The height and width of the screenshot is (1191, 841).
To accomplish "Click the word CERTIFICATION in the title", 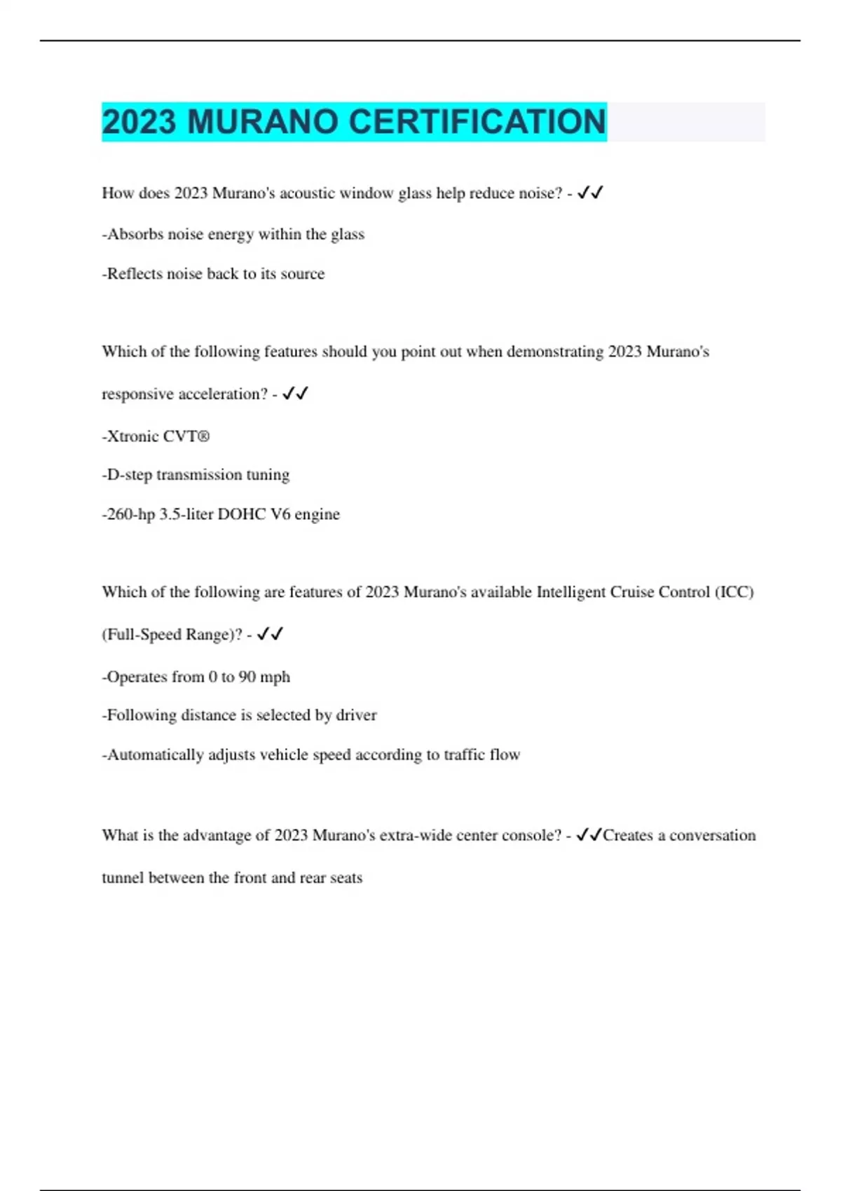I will [x=477, y=122].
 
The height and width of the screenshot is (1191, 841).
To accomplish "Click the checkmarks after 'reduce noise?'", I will [x=590, y=193].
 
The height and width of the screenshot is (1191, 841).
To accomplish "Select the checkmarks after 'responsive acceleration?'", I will [x=295, y=394].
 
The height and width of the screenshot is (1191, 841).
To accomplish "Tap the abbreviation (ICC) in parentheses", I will [x=734, y=592].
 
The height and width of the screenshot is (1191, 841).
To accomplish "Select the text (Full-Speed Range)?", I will [x=172, y=635].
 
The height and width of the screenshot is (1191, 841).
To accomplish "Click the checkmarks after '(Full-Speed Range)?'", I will [x=270, y=634].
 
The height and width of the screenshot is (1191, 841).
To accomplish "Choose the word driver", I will [x=356, y=715].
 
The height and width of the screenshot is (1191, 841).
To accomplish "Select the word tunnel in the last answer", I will [x=123, y=878].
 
